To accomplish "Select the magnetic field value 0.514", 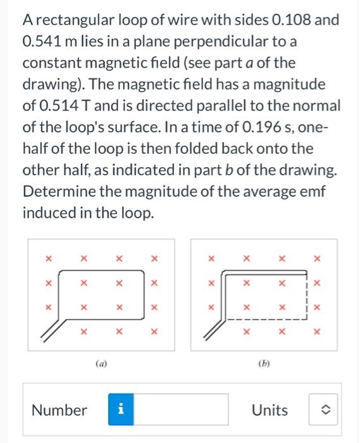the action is (x=61, y=106).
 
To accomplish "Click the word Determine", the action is (x=56, y=192).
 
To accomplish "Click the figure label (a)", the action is (x=101, y=364).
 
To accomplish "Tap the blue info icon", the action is (x=120, y=410).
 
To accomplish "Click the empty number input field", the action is (x=180, y=410).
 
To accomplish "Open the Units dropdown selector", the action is (x=324, y=410).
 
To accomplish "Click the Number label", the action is (x=59, y=410).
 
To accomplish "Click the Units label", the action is (x=270, y=410).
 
